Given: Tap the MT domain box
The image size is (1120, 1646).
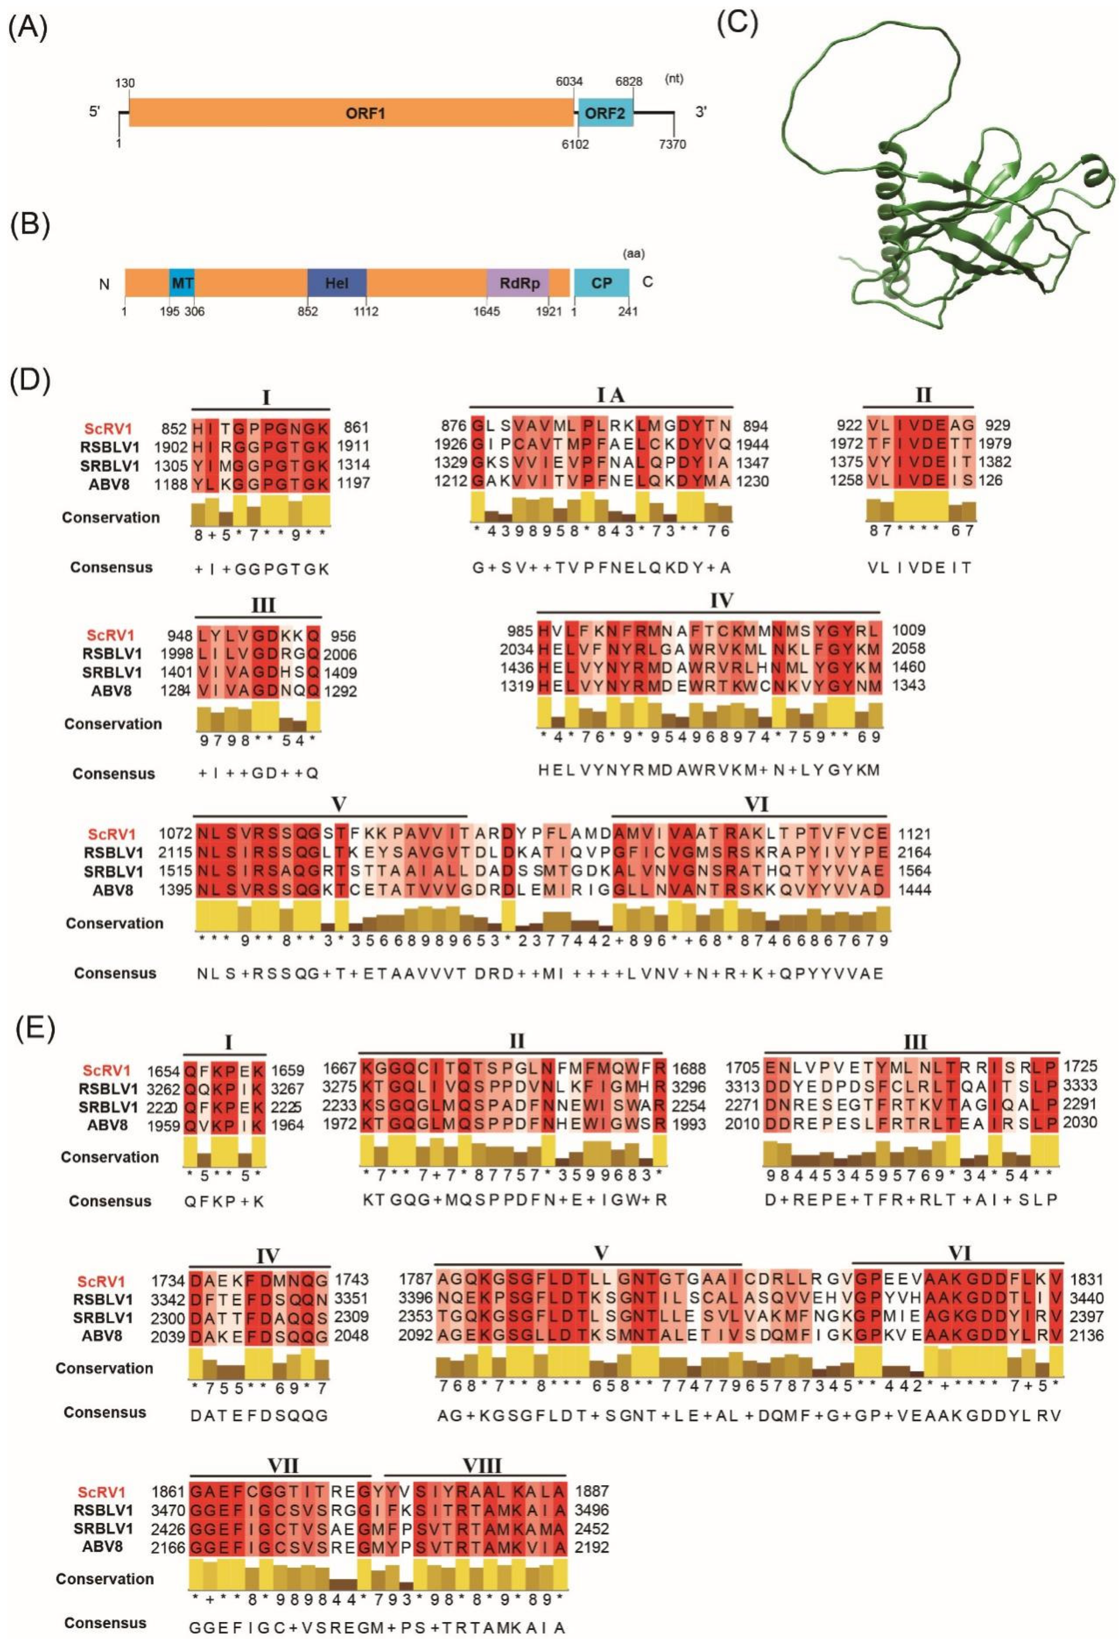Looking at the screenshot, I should click(x=182, y=282).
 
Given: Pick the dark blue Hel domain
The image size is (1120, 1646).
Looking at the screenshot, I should click(x=337, y=282).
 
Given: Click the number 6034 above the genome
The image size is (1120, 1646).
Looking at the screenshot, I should click(x=569, y=81).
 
